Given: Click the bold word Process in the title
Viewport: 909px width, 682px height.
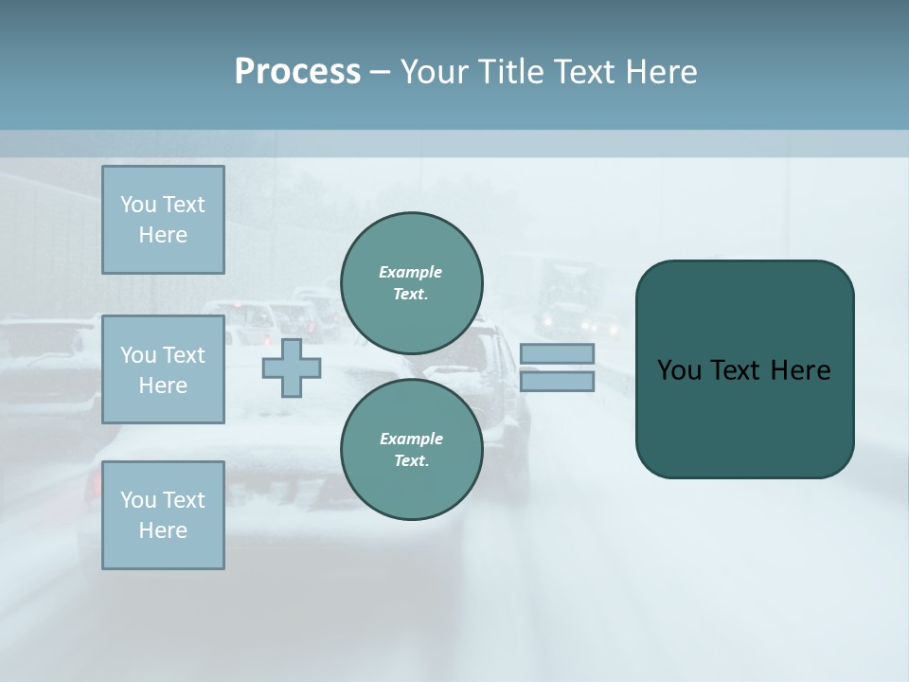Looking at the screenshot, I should point(297,72).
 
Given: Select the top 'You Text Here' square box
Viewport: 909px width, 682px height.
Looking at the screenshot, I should point(163,220).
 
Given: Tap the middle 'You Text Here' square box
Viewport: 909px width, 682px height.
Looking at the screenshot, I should point(163,369).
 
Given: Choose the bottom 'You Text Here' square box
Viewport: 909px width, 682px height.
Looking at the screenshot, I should point(163,515).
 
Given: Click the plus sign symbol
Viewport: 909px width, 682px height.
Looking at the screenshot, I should point(292,368).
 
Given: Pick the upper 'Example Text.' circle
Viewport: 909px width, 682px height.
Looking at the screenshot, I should point(411,283).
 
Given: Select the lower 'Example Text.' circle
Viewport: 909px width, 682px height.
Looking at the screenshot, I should point(411,450).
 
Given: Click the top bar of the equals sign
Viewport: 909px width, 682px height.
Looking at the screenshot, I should point(557,353).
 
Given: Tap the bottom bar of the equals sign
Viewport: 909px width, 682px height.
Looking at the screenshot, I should point(557,381).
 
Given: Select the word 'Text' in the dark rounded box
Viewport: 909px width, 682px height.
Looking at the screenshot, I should point(737,370).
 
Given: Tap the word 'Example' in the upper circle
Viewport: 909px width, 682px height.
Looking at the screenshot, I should point(410,272).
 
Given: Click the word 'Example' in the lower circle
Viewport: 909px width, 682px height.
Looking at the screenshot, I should point(410,439).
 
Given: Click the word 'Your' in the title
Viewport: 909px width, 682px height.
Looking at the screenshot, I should point(437,72).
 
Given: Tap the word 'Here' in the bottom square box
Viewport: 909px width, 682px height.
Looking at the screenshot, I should point(163,530).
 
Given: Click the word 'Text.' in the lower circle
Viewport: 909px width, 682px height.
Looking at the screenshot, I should point(411,461).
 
